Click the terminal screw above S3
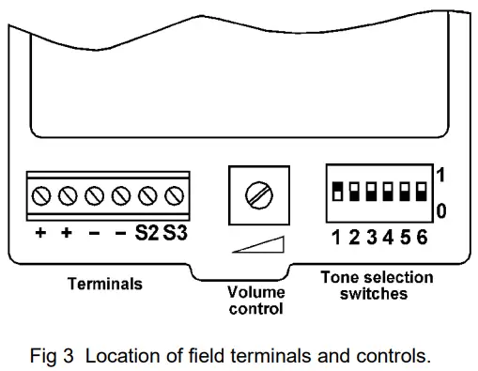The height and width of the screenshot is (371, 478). pos(173,197)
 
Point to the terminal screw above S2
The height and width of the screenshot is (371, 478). pos(146,197)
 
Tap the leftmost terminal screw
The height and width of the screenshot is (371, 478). pos(41,197)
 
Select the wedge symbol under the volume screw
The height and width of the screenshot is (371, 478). pos(256,246)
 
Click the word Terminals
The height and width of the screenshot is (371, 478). pos(104,283)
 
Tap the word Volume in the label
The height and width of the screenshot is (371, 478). pos(255,292)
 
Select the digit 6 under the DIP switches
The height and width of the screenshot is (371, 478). pos(422,238)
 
